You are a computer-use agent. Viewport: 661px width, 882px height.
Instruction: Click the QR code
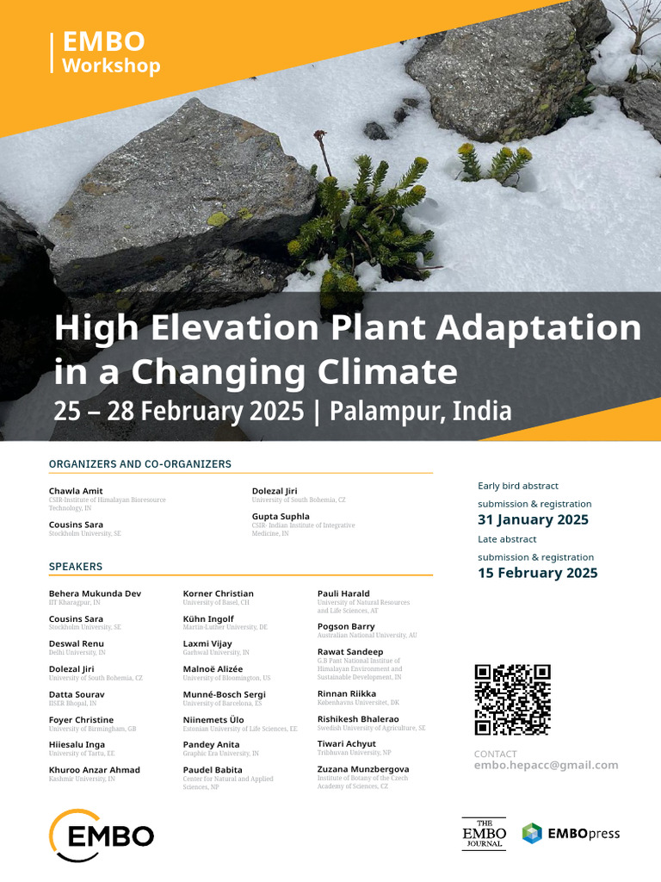coord(512,699)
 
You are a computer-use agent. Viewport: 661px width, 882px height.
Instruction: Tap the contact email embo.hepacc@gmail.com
coord(546,765)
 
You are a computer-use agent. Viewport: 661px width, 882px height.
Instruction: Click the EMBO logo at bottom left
coord(102,835)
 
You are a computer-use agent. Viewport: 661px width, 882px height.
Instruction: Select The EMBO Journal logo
coord(484,834)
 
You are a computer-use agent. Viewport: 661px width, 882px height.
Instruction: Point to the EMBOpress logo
coord(571,834)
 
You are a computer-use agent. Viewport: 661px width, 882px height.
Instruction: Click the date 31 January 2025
coord(533,519)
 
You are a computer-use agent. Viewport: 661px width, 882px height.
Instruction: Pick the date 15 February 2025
coord(537,573)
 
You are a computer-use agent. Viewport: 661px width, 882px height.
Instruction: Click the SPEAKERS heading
coord(76,567)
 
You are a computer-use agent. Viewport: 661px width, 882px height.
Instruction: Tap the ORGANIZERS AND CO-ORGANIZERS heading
coord(140,464)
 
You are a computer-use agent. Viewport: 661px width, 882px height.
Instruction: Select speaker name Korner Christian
coord(218,593)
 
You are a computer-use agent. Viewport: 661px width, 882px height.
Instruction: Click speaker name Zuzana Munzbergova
coord(363,769)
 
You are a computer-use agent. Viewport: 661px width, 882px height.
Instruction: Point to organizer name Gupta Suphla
coord(281,516)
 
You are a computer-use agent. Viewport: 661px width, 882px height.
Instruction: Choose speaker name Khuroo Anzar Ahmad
coord(95,770)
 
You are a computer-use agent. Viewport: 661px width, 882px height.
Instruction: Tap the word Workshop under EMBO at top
coord(111,65)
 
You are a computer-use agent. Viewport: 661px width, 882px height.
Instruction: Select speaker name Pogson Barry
coord(346,626)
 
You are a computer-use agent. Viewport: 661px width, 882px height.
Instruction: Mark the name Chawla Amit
coord(76,491)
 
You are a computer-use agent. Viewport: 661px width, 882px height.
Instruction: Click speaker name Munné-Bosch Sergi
coord(225,694)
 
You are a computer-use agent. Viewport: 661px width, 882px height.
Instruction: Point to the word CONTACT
coord(496,754)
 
